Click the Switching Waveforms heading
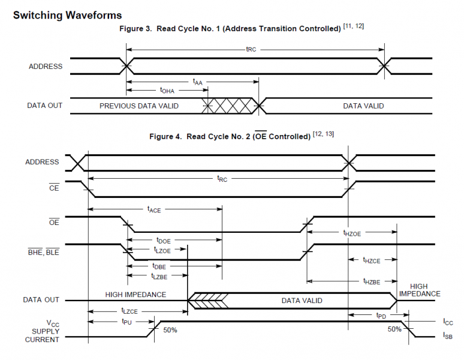point(67,15)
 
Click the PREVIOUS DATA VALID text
point(139,106)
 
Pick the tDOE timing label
point(163,240)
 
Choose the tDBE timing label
point(159,266)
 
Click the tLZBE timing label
point(159,276)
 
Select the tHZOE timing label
point(352,233)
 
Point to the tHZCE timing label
point(372,260)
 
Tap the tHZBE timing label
point(372,281)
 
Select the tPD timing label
point(381,315)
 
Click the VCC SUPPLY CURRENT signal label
point(42,331)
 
